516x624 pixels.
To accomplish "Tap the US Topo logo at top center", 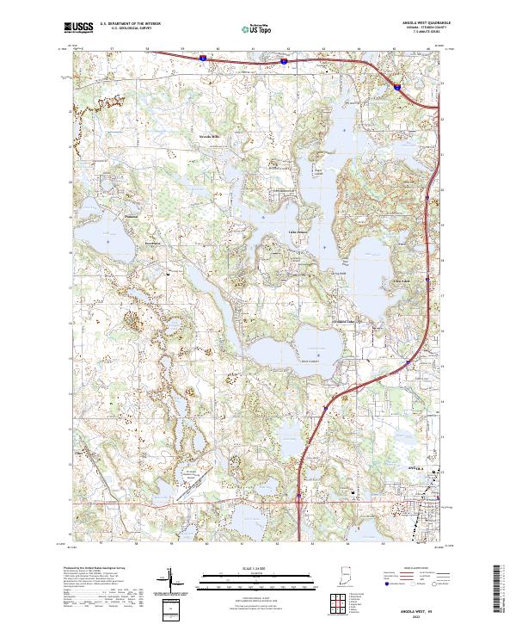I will click(257, 28).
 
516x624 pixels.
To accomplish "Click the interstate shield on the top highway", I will click(200, 59).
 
